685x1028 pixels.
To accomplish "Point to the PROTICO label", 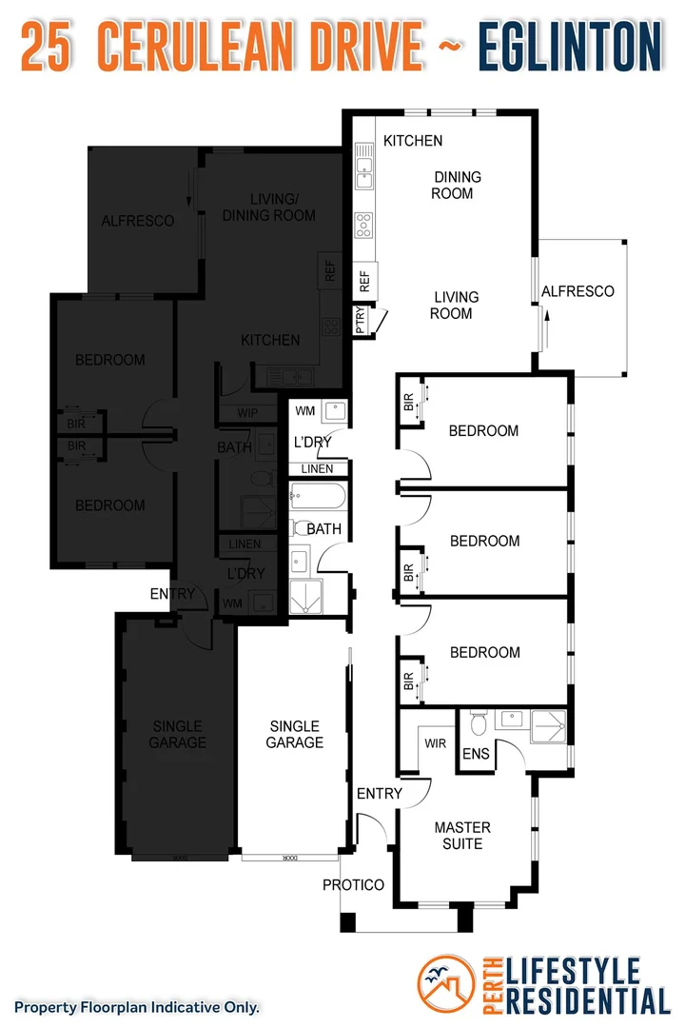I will click(x=353, y=885).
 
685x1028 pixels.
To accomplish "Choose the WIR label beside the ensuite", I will click(x=435, y=742).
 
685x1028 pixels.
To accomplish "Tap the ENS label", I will click(x=476, y=754).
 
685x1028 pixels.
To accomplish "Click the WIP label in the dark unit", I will click(x=248, y=414).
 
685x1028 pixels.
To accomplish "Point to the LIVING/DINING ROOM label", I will click(x=268, y=207).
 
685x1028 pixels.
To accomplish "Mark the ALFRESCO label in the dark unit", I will click(x=138, y=221).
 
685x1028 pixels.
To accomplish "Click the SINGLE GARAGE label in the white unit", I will click(x=295, y=734).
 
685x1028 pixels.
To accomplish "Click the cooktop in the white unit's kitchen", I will click(x=363, y=225).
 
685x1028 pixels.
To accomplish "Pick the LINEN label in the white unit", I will click(x=317, y=469).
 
